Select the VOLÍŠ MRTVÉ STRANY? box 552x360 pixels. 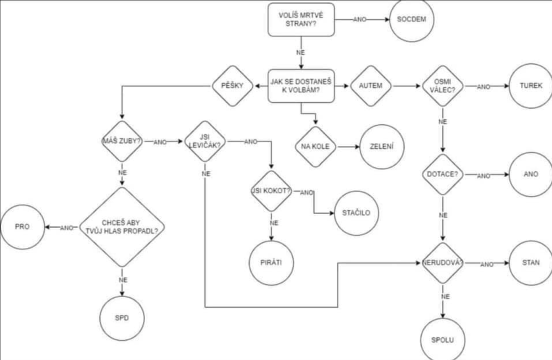[301, 19]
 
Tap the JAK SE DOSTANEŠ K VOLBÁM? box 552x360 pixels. [301, 86]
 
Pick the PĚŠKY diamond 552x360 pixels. [232, 86]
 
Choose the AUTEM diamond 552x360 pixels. [371, 86]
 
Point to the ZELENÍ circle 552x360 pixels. [383, 147]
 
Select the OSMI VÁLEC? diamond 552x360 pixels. [442, 86]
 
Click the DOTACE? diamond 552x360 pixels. [442, 174]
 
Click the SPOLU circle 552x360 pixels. [442, 339]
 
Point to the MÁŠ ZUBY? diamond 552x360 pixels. [121, 141]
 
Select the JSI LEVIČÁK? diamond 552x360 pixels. [205, 141]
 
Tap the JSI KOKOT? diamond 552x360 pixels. [272, 191]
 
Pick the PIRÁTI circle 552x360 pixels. [272, 262]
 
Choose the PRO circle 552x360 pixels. [22, 226]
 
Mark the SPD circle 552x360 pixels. [121, 319]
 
